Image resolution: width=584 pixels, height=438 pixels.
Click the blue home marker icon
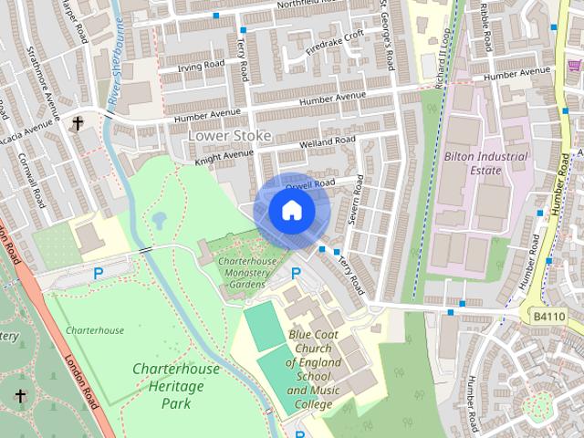pyautogui.click(x=292, y=211)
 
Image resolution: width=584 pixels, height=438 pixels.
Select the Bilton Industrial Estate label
pyautogui.click(x=486, y=162)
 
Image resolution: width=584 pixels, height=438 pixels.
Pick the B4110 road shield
pyautogui.click(x=548, y=317)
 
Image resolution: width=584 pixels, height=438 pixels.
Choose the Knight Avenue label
pyautogui.click(x=224, y=156)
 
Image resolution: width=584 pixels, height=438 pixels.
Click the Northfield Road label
pyautogui.click(x=323, y=5)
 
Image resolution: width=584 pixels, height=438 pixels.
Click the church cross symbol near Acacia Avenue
pyautogui.click(x=78, y=122)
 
